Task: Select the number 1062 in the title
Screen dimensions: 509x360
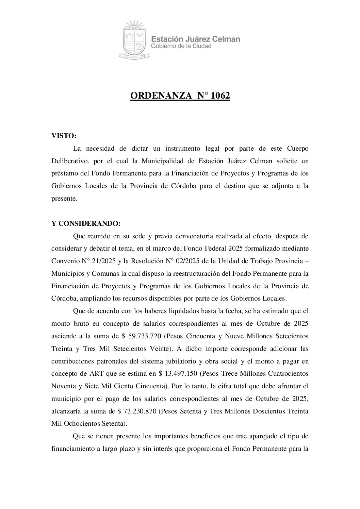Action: pyautogui.click(x=220, y=96)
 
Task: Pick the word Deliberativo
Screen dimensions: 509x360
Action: pyautogui.click(x=70, y=160)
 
